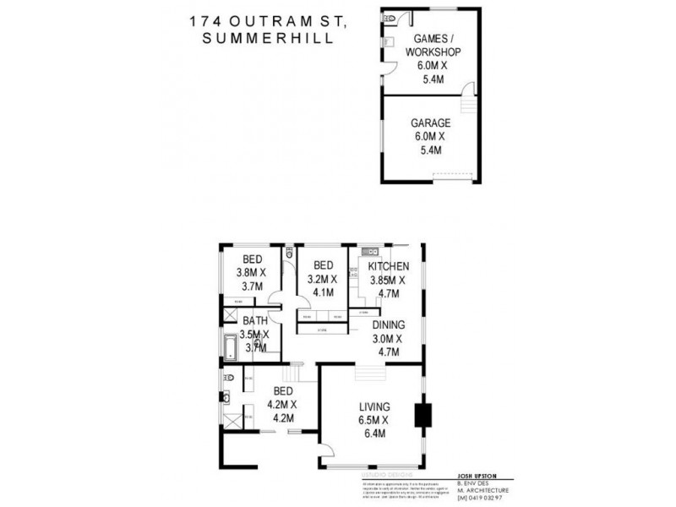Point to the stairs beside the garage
tap(467, 105)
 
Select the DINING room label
tap(390, 324)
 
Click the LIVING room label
tap(372, 407)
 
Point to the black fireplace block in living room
tap(422, 416)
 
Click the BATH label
tap(255, 321)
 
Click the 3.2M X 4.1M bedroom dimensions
tap(322, 286)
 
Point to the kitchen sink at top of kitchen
tap(369, 251)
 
